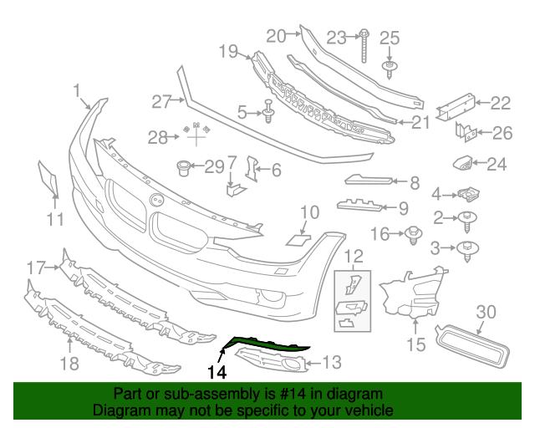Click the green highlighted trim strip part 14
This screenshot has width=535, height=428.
pyautogui.click(x=267, y=342)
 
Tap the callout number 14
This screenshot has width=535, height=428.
pyautogui.click(x=218, y=372)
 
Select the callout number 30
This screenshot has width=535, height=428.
pyautogui.click(x=486, y=312)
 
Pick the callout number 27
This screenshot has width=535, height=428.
pyautogui.click(x=161, y=101)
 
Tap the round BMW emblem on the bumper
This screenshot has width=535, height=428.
pyautogui.click(x=155, y=201)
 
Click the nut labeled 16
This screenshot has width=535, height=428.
pyautogui.click(x=413, y=235)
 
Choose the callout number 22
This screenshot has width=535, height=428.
pyautogui.click(x=500, y=104)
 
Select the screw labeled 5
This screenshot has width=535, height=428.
pyautogui.click(x=268, y=110)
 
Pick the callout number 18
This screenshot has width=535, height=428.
pyautogui.click(x=69, y=363)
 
